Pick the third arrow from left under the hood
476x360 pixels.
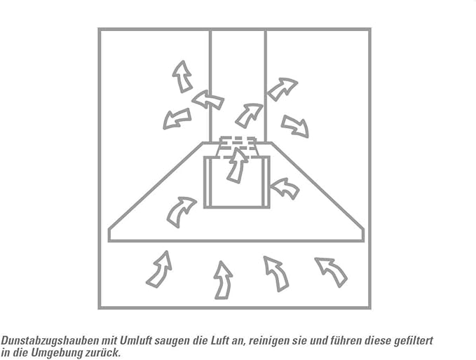coord(277,274)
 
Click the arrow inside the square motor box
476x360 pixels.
coord(236,166)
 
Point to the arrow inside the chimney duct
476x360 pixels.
coord(248,116)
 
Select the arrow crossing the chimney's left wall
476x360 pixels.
coord(208,99)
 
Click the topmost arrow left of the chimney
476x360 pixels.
coord(182,77)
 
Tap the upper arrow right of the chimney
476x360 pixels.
coord(282,88)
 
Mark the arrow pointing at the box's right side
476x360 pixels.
coord(285,188)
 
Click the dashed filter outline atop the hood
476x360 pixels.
coord(238,148)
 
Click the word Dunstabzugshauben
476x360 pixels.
coord(50,340)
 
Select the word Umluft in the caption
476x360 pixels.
coord(136,340)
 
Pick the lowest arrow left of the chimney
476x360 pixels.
coord(177,118)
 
